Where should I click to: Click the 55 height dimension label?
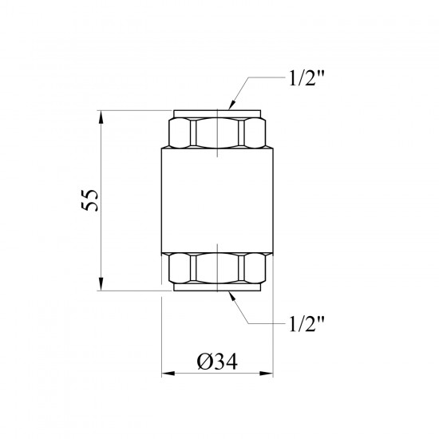coord(89,200)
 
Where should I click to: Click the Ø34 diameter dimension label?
coord(217,361)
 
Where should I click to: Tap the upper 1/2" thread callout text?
coord(307,77)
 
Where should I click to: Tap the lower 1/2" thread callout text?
coord(307,323)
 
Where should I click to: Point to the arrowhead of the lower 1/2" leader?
coord(232,296)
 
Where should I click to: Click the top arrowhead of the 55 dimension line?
coord(101,117)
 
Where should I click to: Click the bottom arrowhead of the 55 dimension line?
coord(101,284)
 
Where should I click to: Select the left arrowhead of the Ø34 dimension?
coord(168,374)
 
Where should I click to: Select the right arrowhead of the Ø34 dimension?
coord(267,374)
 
